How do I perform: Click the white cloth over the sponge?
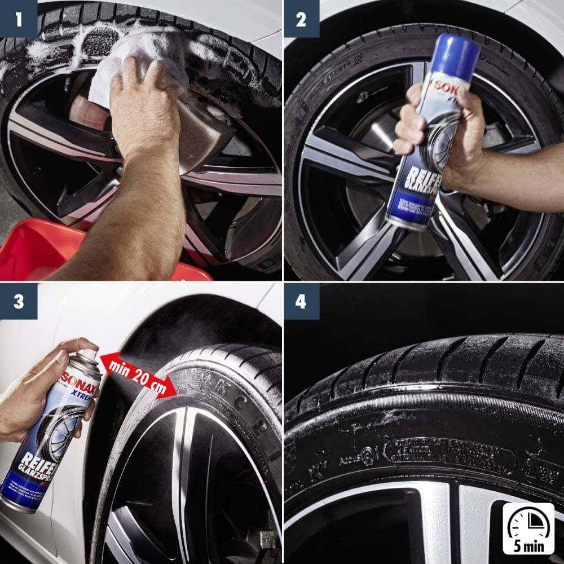135,62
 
